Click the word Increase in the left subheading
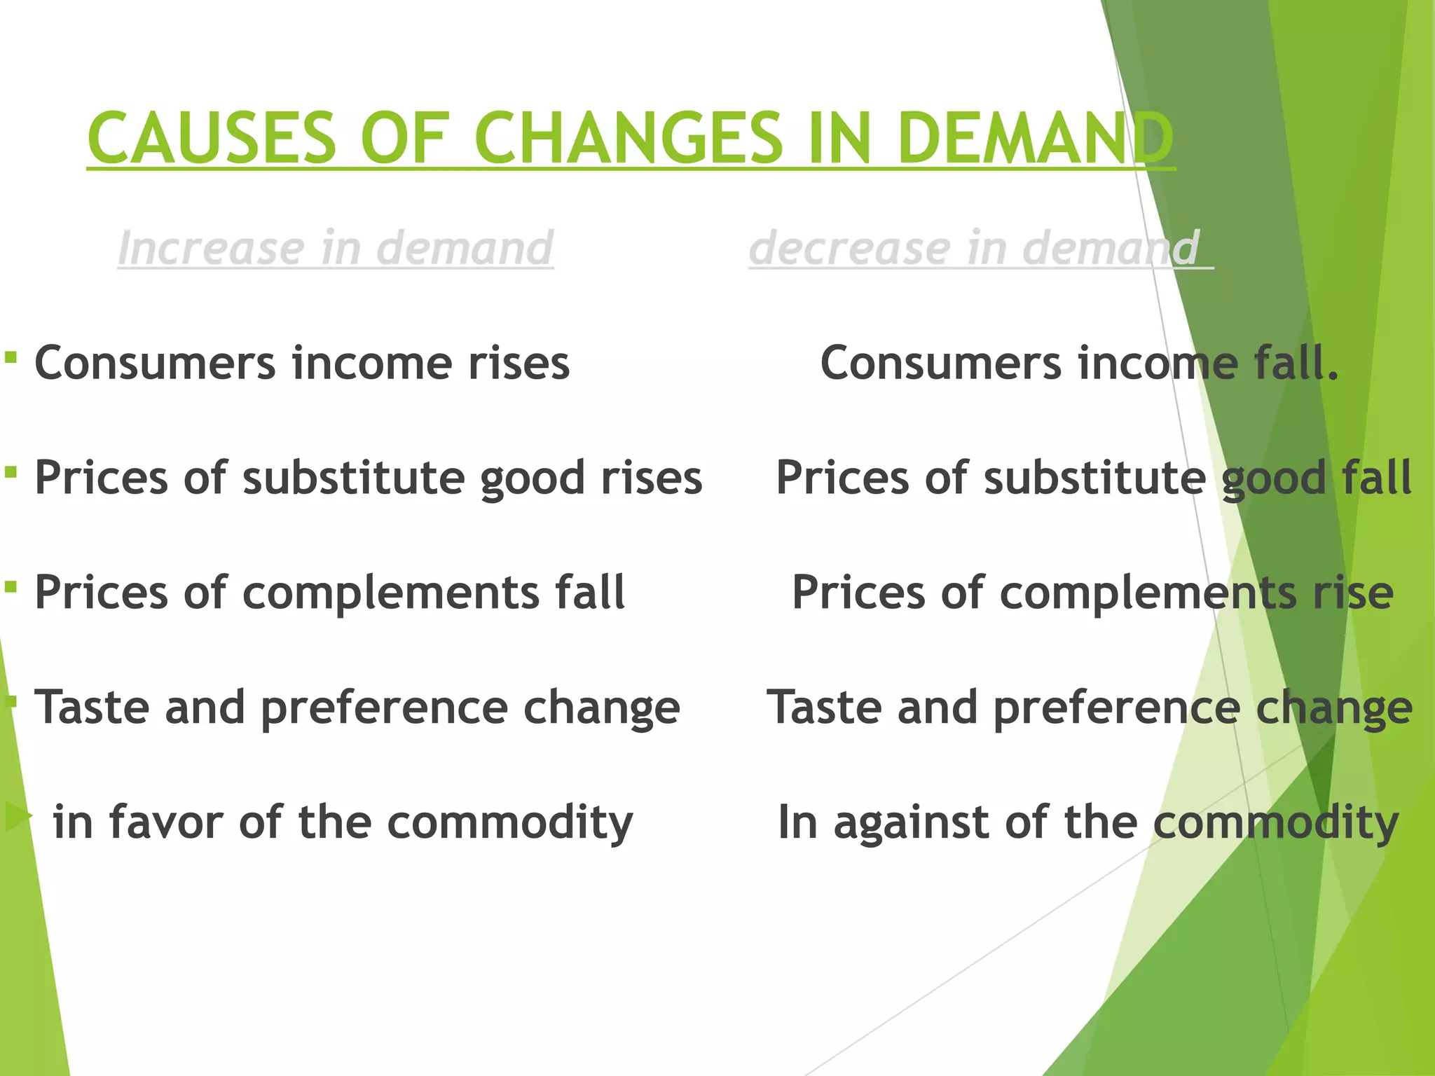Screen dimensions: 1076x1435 tap(211, 248)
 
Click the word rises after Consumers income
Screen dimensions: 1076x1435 tap(519, 364)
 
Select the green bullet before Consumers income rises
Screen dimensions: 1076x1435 tap(11, 358)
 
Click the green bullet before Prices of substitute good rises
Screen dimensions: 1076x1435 tap(11, 472)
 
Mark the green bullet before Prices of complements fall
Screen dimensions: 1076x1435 tap(11, 586)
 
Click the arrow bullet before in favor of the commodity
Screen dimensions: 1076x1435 tap(18, 817)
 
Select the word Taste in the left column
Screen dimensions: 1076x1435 tap(92, 708)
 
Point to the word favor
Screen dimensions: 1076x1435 tap(165, 822)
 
